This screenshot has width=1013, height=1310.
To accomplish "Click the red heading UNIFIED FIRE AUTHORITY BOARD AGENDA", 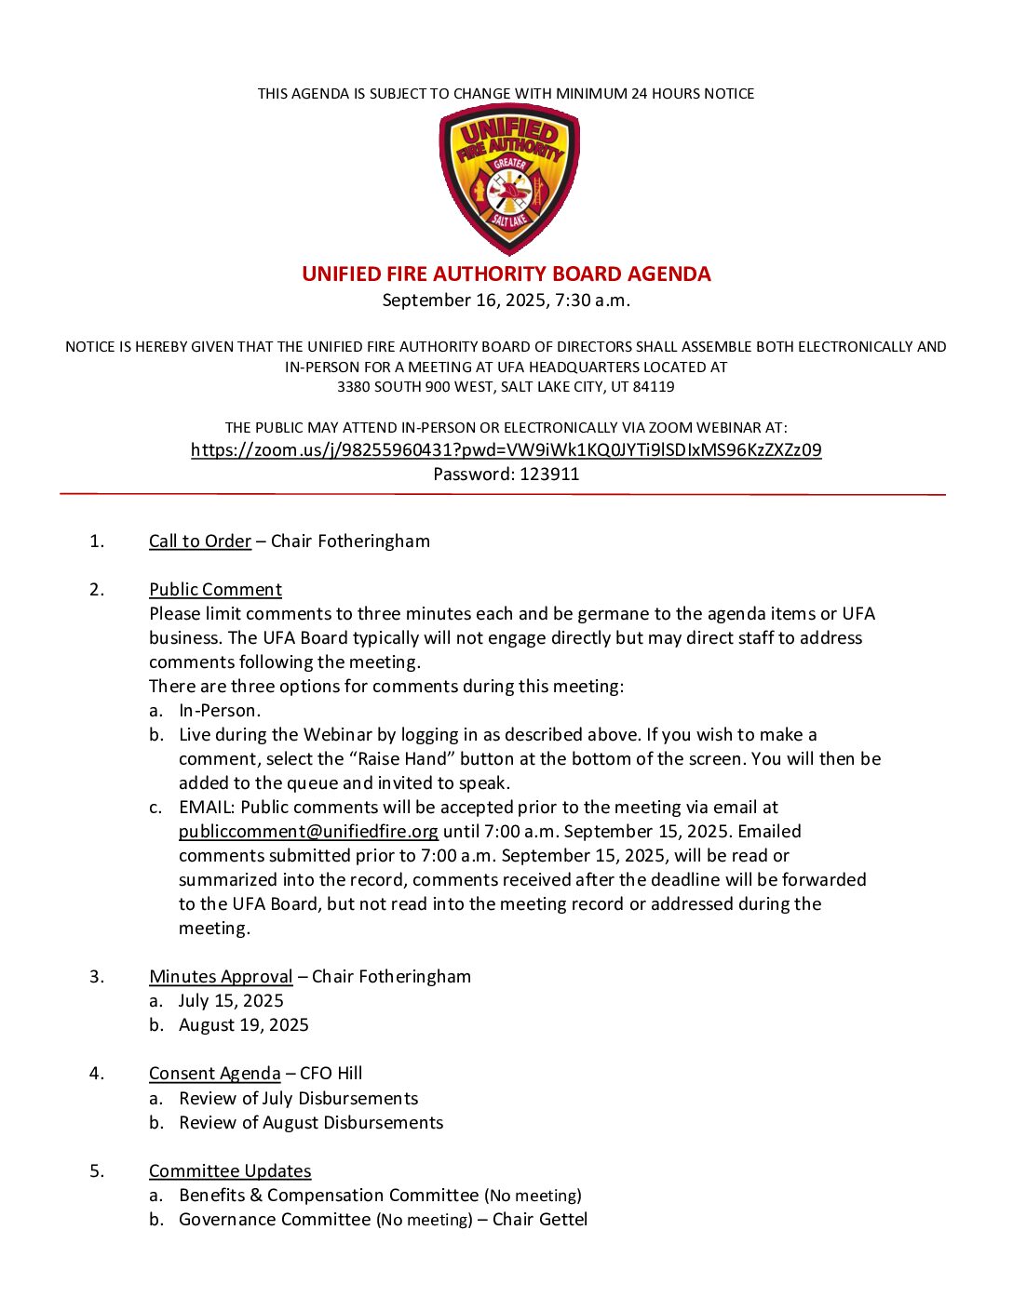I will coord(506,274).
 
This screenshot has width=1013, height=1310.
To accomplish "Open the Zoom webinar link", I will coord(506,450).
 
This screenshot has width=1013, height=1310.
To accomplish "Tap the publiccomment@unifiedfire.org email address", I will coord(308,832).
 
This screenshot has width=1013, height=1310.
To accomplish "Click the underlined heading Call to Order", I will coord(200,541).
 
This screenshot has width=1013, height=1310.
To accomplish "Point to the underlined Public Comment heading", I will coord(215,590).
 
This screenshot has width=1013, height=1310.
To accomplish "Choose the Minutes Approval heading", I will coord(221,977).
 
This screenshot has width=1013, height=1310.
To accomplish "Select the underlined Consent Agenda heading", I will coord(214,1074).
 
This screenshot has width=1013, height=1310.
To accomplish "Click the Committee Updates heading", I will coord(230,1171).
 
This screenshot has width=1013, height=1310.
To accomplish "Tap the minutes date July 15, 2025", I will coord(231,1001).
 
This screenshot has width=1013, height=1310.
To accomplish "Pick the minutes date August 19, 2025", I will coord(244,1025).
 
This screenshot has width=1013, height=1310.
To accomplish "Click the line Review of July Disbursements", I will coord(298,1099).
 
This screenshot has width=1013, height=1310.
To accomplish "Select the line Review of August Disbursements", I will coord(311,1123).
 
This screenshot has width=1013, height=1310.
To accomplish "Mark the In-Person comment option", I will coord(220,711).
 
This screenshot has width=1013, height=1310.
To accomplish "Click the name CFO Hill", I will coord(331,1074).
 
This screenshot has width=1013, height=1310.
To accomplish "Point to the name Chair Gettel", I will coord(540,1220).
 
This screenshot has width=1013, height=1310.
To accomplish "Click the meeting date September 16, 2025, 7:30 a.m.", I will coord(506,301).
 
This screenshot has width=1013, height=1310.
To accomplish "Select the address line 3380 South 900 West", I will coord(506,387).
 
